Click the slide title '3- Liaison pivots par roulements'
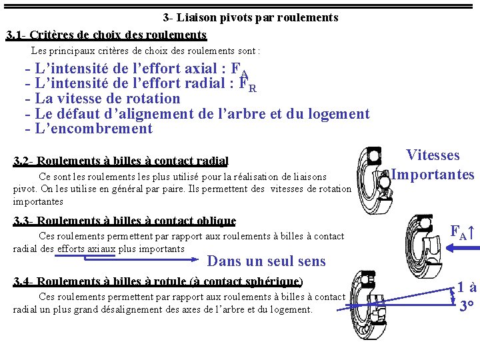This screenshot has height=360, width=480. pos(251,18)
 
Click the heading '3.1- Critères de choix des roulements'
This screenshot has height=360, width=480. pos(106,34)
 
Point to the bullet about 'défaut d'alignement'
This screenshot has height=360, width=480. pos(197,114)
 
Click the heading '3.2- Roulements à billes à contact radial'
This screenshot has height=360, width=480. pos(121,161)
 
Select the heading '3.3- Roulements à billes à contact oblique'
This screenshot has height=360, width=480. pos(125,221)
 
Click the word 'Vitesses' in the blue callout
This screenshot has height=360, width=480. pos(433,155)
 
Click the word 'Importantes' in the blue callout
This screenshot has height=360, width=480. pos(433,175)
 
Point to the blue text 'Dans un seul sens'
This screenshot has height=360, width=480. pos(267,261)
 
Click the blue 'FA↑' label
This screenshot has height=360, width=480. pos(462,233)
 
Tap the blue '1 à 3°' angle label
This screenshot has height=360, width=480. pos(467,297)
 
